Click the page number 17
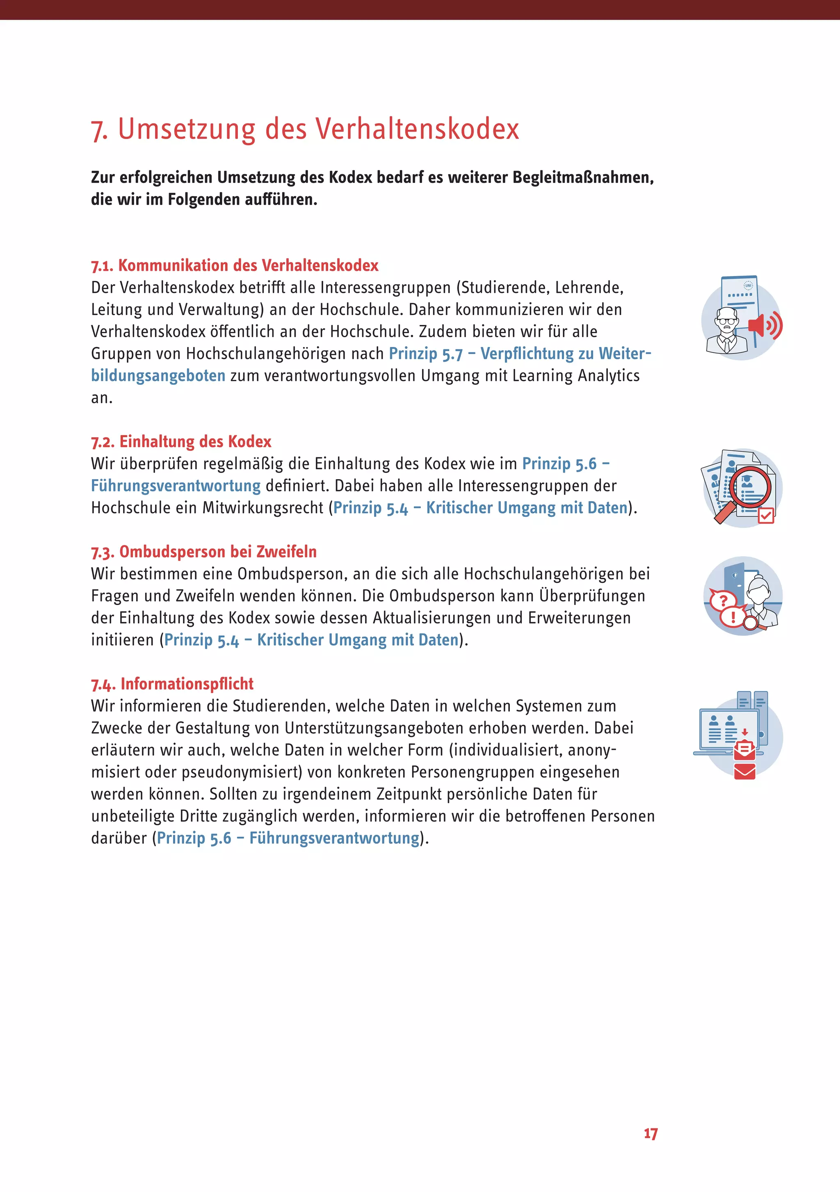tap(651, 1134)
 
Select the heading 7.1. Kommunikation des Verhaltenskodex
tap(235, 265)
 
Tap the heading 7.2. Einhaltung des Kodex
tap(181, 441)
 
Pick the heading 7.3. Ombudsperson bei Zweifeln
tap(203, 551)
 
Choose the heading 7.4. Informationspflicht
tap(172, 684)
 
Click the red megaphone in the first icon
tap(758, 326)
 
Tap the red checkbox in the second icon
tap(766, 515)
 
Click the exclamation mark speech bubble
tap(733, 617)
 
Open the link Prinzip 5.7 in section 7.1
tap(425, 354)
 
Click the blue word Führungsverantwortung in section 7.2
tap(176, 485)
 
